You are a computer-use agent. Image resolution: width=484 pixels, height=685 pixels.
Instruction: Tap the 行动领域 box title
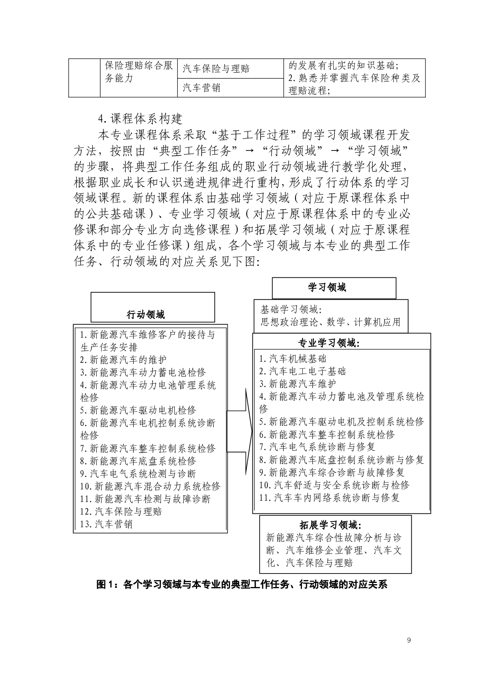tap(145, 314)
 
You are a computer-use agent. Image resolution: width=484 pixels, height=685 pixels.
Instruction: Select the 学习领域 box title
tap(327, 288)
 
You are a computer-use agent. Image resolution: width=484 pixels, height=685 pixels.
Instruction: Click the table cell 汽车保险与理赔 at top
tap(216, 69)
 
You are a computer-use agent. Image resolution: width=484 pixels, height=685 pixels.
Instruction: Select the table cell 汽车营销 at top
tap(201, 87)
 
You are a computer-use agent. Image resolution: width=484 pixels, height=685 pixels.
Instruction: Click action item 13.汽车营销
tap(106, 524)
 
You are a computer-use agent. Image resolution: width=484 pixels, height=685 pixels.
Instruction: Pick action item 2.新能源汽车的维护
tap(123, 360)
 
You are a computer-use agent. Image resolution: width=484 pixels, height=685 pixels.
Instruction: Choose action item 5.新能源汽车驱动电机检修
tap(138, 410)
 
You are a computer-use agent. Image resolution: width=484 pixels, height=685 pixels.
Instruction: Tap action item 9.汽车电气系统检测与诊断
tap(138, 473)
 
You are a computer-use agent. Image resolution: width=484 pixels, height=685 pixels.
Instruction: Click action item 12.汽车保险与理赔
tap(121, 511)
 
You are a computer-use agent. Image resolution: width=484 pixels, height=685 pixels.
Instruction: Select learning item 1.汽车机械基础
tap(293, 358)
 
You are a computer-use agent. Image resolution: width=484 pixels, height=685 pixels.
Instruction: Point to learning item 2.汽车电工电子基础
tap(303, 371)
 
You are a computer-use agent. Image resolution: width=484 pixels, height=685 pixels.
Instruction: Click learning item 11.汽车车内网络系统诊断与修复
tap(330, 497)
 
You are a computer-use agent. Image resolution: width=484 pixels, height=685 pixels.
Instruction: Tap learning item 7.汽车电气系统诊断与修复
tap(317, 447)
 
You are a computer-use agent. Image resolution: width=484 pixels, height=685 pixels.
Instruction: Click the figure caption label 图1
tap(106, 585)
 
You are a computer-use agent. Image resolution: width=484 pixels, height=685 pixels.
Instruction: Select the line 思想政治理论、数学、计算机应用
tap(330, 322)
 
